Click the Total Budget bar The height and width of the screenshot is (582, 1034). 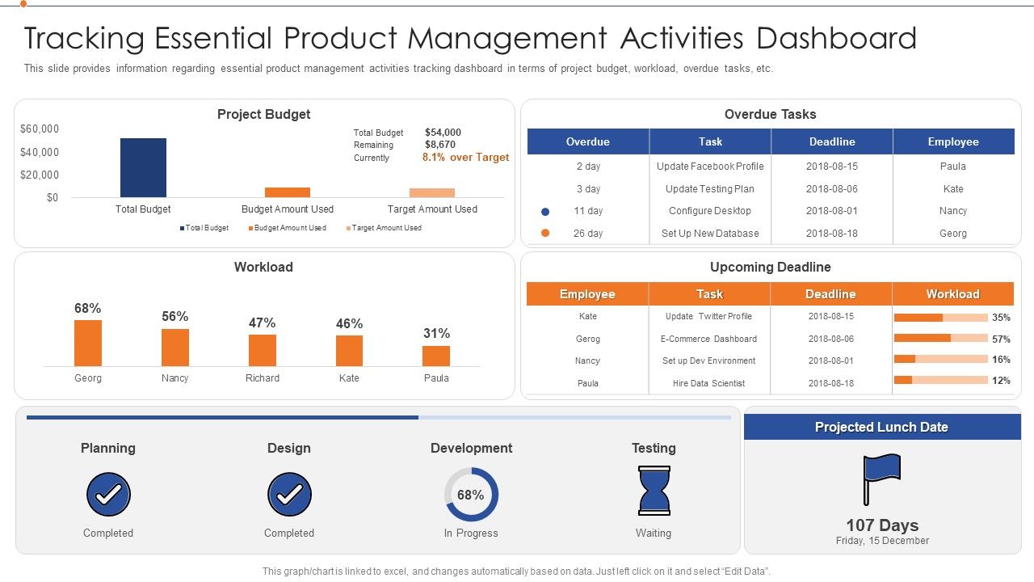[x=143, y=167]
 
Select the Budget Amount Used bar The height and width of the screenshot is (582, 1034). [x=287, y=192]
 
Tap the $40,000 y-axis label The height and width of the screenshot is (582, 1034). [x=40, y=152]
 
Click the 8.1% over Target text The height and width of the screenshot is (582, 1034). [x=465, y=158]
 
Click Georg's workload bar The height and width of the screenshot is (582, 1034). [x=88, y=343]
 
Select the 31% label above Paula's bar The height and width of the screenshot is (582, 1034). [x=436, y=333]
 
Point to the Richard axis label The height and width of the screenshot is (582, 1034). [x=263, y=378]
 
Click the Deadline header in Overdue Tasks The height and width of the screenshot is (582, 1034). [x=832, y=141]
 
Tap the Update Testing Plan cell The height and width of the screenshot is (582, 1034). [x=709, y=189]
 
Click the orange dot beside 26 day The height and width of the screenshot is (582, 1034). [x=545, y=233]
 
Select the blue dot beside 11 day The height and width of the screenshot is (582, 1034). [x=545, y=211]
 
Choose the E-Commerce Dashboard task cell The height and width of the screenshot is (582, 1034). [x=708, y=339]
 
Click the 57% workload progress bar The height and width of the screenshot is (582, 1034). [x=940, y=339]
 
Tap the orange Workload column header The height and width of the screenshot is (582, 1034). [x=952, y=294]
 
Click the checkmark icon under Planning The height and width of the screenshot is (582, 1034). [x=108, y=494]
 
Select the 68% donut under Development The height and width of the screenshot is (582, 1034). [x=471, y=494]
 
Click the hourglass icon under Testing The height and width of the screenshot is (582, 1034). [x=654, y=491]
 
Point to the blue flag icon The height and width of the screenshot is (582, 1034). [x=881, y=478]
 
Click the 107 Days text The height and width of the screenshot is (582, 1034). [x=881, y=525]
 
